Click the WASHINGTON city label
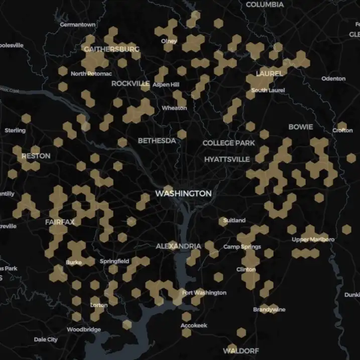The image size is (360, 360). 183,193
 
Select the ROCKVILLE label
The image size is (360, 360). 131,83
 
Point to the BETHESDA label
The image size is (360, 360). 157,141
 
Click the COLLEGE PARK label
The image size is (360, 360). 229,143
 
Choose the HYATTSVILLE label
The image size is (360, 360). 227,159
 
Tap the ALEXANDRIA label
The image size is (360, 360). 178,246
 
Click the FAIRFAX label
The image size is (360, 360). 60,222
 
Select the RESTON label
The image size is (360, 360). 36,156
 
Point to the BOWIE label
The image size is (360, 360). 300,127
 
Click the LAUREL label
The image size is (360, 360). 269,73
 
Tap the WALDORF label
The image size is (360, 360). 241,350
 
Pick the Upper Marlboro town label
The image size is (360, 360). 313,239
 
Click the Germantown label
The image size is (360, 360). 77,24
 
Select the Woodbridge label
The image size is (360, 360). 84,330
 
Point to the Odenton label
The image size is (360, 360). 333,78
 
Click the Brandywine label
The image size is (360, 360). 269,309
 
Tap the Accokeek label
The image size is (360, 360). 194,326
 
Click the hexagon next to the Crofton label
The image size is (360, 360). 342,126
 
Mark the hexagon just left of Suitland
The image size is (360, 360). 223,220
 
